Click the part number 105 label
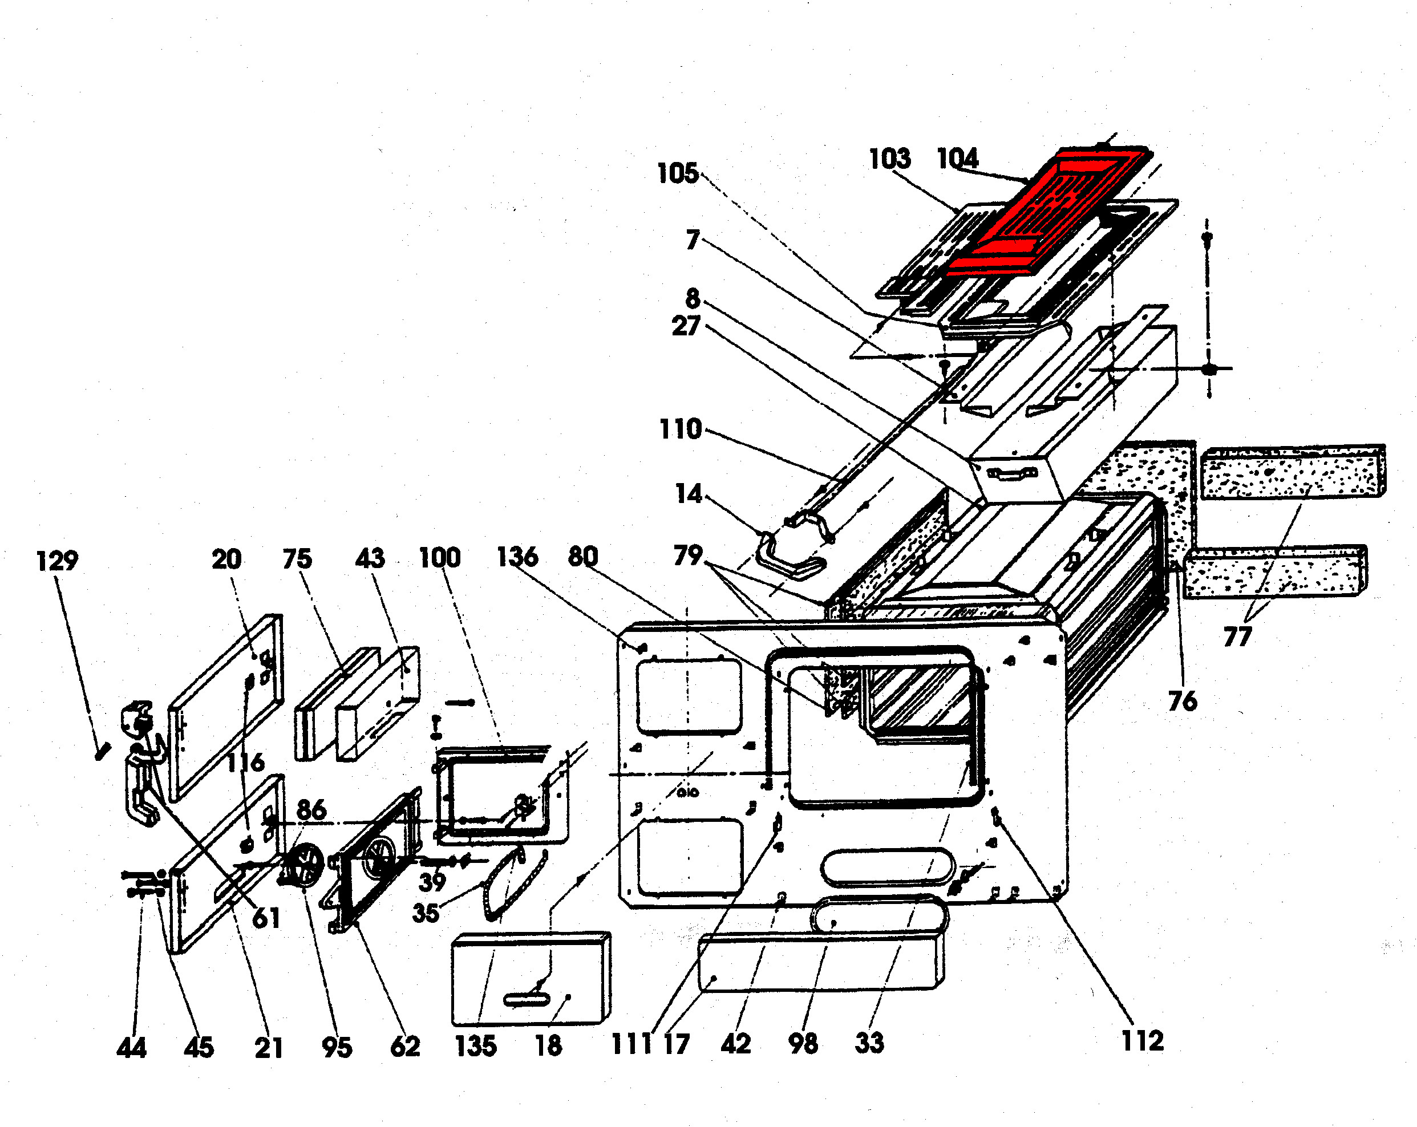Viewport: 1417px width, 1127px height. (678, 173)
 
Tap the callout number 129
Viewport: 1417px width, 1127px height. (57, 561)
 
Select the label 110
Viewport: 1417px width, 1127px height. (680, 429)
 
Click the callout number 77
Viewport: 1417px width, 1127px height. (1237, 636)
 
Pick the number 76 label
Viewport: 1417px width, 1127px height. (1183, 701)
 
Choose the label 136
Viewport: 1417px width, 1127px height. (517, 557)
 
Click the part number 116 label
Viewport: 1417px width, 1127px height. (246, 763)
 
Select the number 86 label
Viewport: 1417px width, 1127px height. (311, 809)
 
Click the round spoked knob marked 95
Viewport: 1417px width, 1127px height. (304, 866)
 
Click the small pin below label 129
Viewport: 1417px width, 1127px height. (103, 751)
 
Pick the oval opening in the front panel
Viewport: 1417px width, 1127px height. (887, 867)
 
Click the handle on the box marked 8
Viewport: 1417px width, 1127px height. (1012, 473)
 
